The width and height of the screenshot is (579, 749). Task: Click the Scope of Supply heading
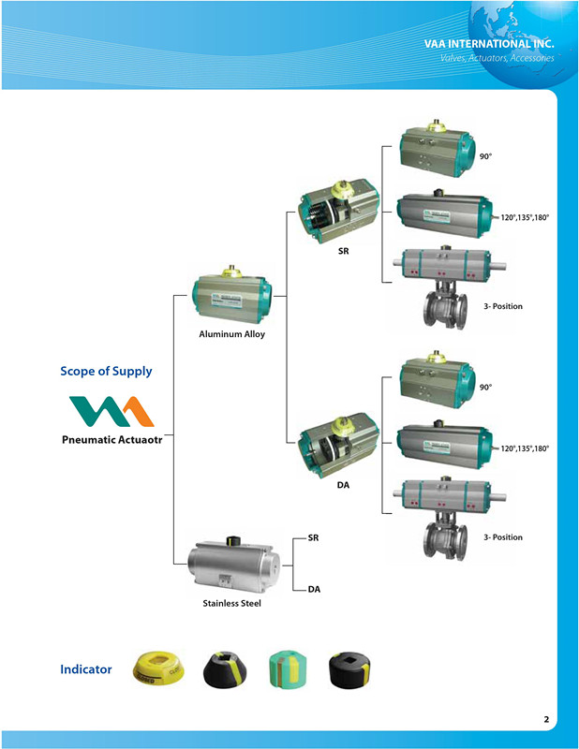[106, 371]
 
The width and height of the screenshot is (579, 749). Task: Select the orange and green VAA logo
[111, 410]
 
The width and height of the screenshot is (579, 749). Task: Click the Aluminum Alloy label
[232, 334]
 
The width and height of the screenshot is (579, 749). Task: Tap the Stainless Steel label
[231, 604]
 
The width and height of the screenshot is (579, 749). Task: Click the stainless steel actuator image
[231, 564]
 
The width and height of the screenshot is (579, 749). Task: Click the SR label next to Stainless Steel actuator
[314, 539]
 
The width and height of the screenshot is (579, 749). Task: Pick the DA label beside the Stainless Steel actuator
[314, 589]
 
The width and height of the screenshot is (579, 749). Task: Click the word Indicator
[86, 669]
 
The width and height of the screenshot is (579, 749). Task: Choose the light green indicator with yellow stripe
[290, 668]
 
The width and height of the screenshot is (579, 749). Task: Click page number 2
[546, 720]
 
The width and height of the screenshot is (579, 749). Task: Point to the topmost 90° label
[486, 155]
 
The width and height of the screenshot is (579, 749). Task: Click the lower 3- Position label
[503, 537]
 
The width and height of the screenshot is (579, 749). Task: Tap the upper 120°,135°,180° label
[525, 217]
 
